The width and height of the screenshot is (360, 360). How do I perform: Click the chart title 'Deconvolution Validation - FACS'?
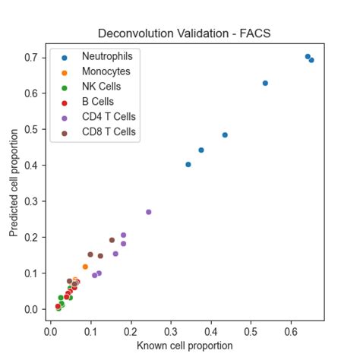click(183, 33)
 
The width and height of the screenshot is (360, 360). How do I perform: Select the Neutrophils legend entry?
click(107, 56)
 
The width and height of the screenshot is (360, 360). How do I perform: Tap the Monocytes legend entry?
click(106, 71)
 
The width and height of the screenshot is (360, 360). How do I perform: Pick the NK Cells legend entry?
click(101, 87)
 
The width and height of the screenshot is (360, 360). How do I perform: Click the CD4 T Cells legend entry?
click(108, 117)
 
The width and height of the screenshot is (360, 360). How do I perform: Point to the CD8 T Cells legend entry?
click(108, 132)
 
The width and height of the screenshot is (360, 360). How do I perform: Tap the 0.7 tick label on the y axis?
click(30, 57)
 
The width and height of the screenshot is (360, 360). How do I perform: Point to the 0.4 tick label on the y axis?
click(30, 165)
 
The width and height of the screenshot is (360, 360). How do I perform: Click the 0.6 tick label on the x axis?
click(291, 331)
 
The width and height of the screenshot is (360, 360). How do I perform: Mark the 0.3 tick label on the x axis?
click(171, 331)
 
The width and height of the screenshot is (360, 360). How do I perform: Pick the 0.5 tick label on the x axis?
click(251, 331)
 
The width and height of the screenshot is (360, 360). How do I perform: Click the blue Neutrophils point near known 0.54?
click(265, 83)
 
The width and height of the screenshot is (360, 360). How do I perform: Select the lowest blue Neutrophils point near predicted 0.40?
click(188, 164)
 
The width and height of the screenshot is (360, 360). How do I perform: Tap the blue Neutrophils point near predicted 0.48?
click(225, 134)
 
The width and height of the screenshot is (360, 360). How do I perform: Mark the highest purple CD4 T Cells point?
click(148, 212)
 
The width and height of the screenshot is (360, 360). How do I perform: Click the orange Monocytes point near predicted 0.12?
click(85, 267)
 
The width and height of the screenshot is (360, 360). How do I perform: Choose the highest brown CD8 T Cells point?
click(112, 240)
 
